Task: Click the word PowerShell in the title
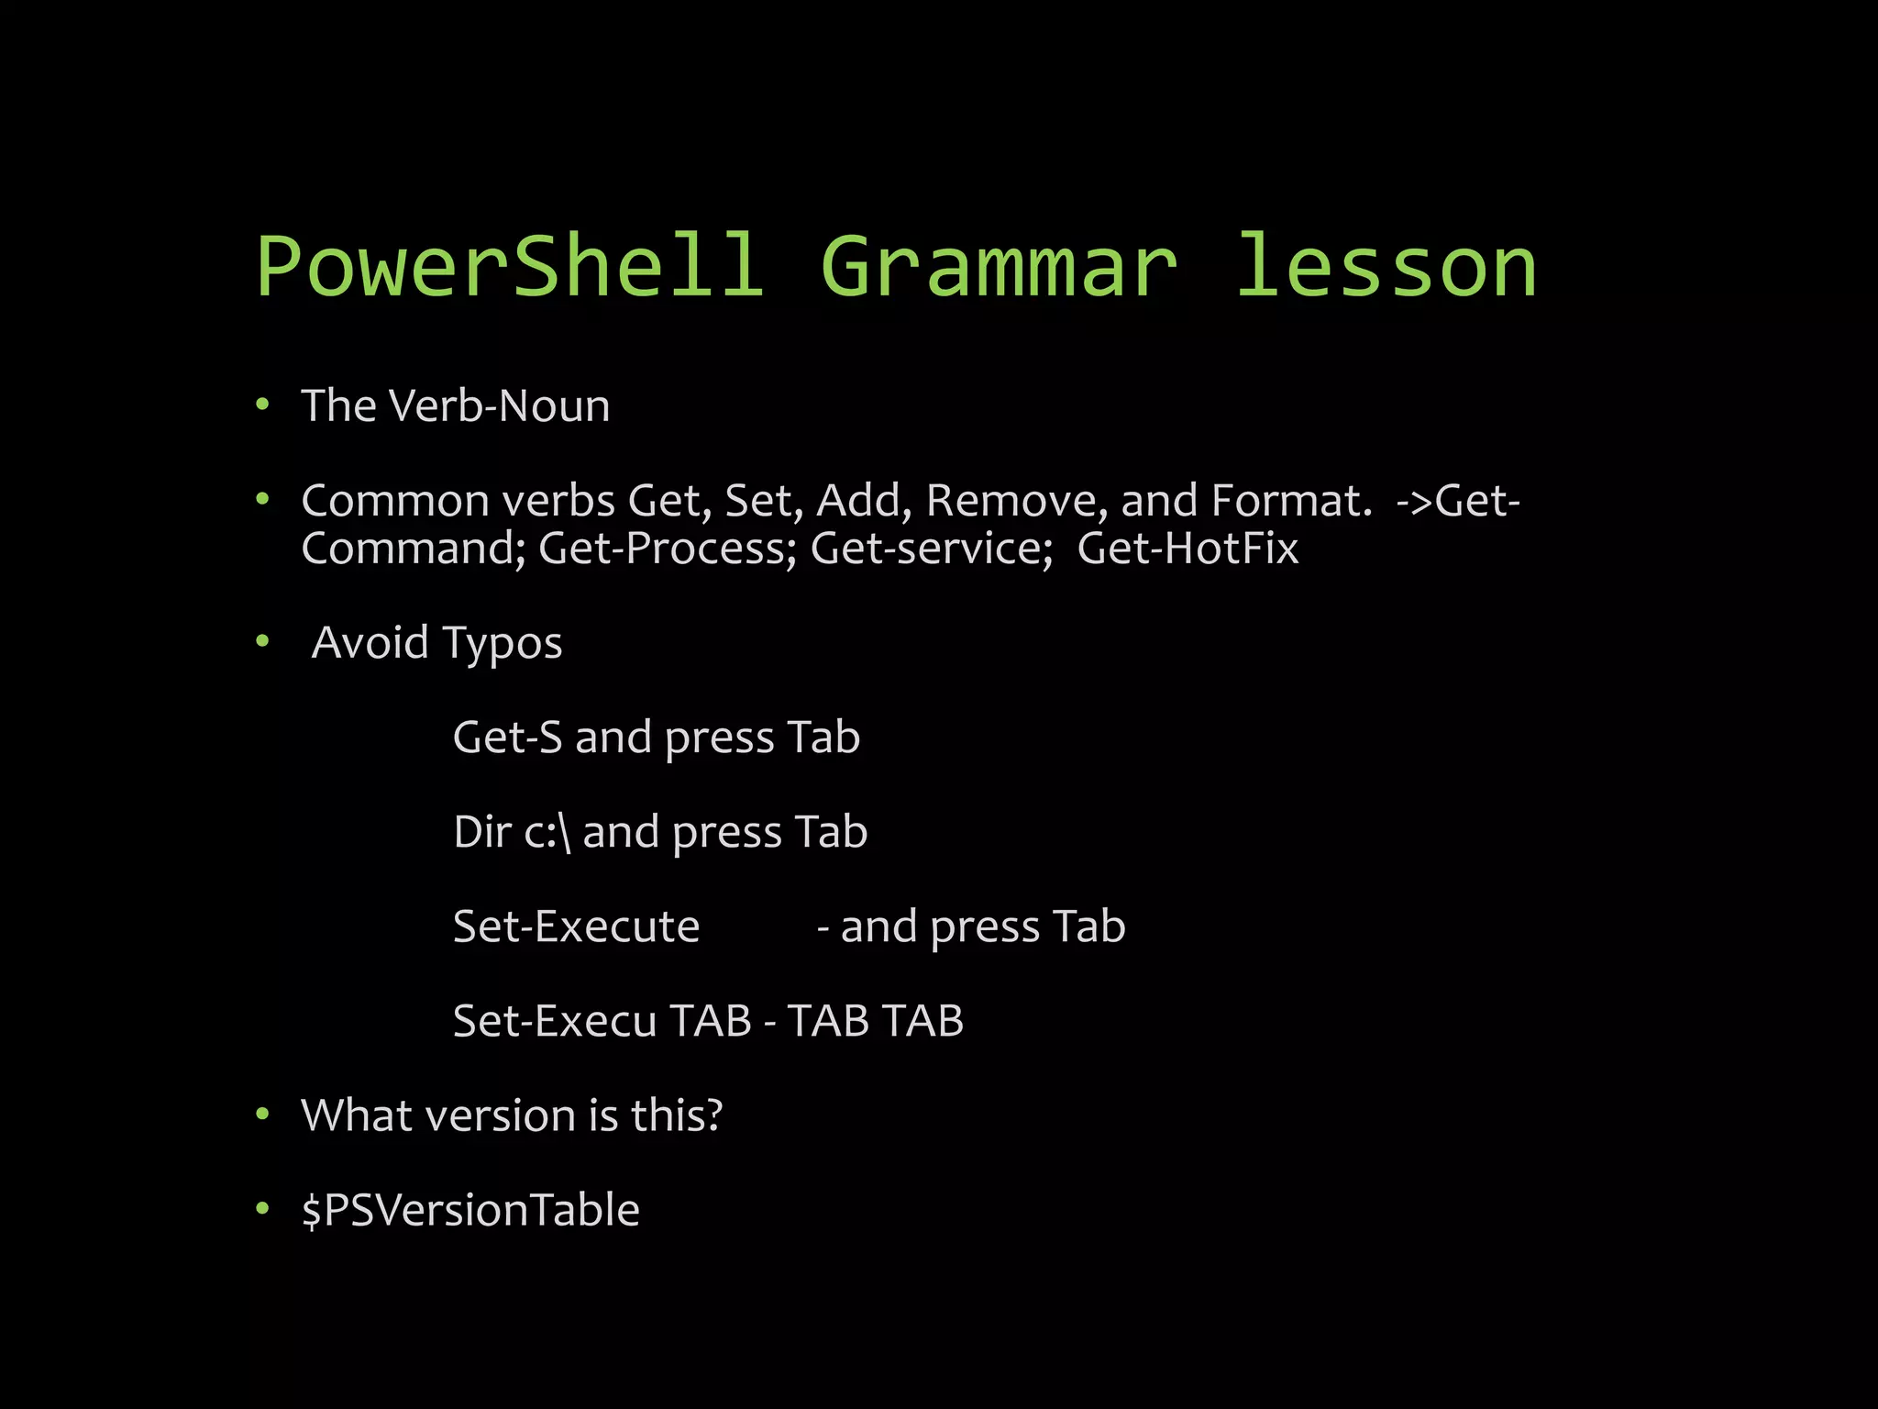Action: (510, 267)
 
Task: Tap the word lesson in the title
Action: (1386, 267)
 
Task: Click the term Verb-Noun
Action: (500, 405)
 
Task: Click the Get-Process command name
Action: (668, 549)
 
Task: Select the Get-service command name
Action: (932, 549)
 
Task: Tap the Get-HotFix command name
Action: (1188, 549)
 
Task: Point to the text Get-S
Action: (507, 738)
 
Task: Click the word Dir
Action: (482, 832)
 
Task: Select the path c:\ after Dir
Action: (547, 833)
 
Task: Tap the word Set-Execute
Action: (576, 926)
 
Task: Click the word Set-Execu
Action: (555, 1021)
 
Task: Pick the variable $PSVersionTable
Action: (470, 1210)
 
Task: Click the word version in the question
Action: (500, 1115)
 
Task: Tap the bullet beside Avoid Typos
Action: (262, 641)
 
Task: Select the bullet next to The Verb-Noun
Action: (262, 405)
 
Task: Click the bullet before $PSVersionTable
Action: (262, 1209)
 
